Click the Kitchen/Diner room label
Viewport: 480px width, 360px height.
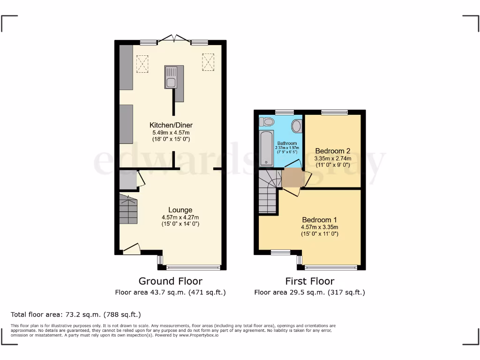tap(171, 125)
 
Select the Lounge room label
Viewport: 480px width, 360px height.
tap(180, 210)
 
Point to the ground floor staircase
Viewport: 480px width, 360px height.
tap(127, 210)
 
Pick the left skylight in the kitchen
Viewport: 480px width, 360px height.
tap(142, 64)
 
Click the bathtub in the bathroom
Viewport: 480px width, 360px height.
tap(267, 148)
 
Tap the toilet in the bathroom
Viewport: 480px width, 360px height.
tap(268, 122)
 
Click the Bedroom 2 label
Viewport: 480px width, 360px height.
tap(332, 151)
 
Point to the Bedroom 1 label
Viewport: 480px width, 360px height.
tap(319, 220)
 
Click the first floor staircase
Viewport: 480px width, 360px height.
tap(270, 191)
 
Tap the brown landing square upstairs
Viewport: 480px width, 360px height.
tap(292, 178)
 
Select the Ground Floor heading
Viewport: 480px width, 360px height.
tap(170, 281)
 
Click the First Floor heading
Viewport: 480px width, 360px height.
tap(309, 281)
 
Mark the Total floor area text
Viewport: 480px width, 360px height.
tap(75, 315)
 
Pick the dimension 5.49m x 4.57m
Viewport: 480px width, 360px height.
tap(171, 133)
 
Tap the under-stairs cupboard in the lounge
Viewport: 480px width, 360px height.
tap(127, 180)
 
